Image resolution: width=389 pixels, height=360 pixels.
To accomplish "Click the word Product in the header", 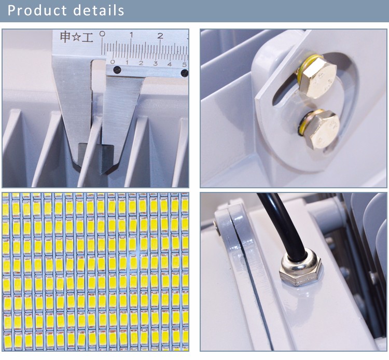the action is tap(37, 10).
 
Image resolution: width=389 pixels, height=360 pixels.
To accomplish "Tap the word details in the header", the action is tap(99, 10).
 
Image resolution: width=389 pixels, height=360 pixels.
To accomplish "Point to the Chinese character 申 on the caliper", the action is tap(65, 37).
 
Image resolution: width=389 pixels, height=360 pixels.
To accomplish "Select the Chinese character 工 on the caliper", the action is tap(88, 38).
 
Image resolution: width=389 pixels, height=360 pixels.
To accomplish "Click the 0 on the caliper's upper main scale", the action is tap(102, 34).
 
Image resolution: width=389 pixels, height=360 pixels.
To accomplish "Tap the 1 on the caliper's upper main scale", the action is tap(131, 35).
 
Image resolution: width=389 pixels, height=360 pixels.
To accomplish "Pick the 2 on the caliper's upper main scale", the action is tap(160, 36).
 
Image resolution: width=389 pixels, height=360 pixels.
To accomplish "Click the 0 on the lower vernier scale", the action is tap(113, 62).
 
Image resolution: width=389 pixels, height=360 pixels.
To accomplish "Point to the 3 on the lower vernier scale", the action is tap(155, 63).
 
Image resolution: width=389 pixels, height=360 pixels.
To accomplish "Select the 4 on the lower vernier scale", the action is tap(170, 64).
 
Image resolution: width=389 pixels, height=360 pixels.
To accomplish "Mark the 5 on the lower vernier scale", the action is tap(184, 65).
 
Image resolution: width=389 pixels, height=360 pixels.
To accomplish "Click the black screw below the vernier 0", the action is tap(117, 70).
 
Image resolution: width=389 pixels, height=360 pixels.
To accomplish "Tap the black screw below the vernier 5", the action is tap(185, 73).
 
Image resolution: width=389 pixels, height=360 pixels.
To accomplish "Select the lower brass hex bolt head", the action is tap(322, 129).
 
